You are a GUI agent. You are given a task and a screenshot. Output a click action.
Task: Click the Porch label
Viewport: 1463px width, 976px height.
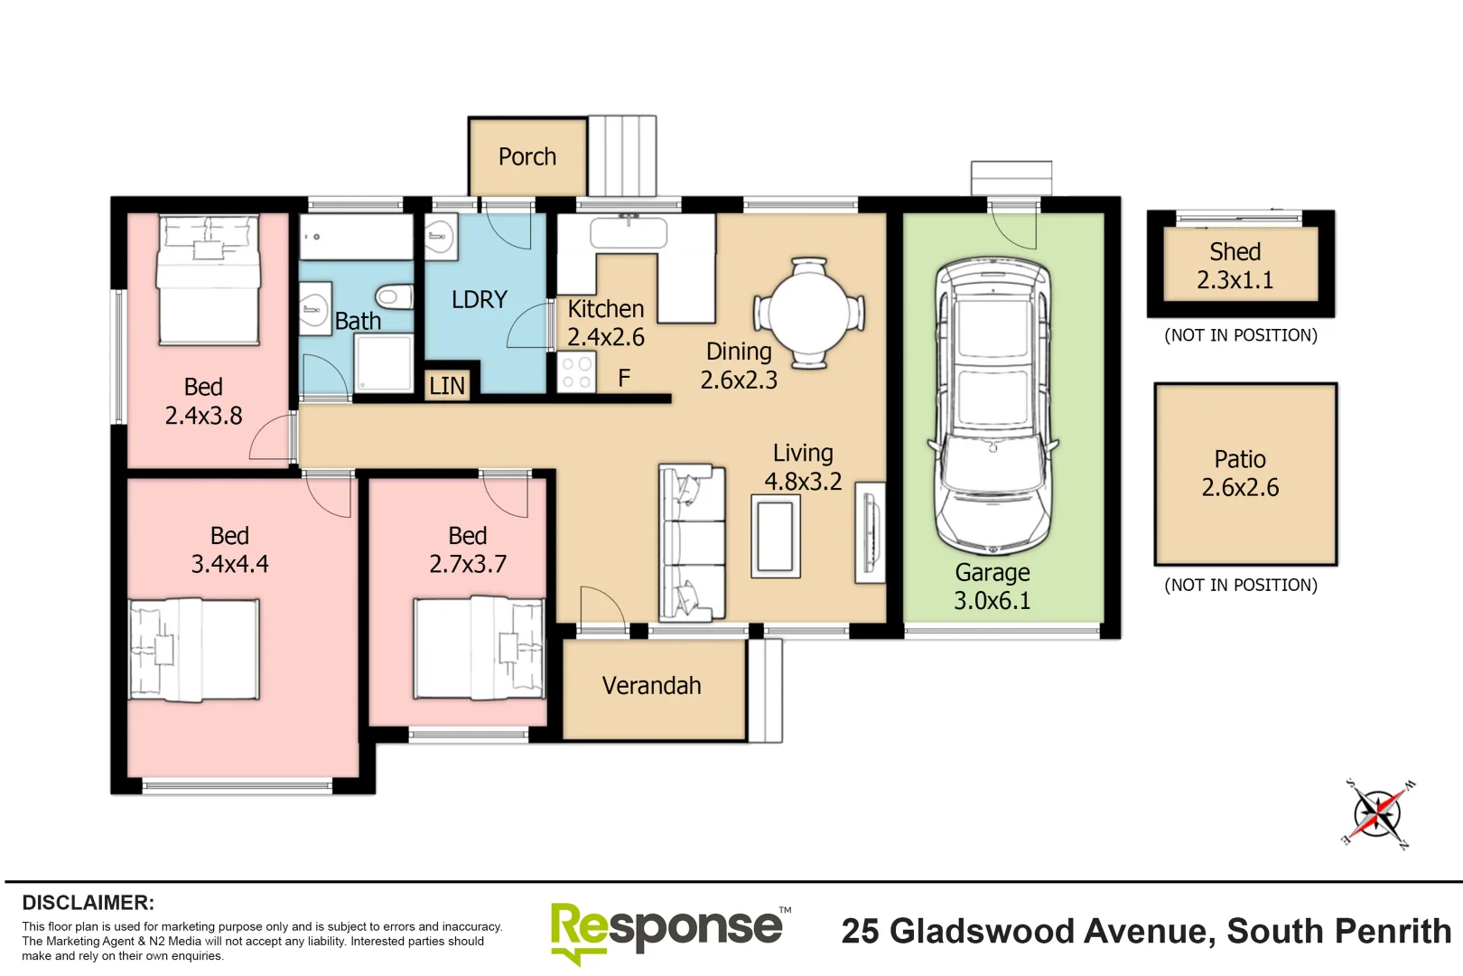(527, 157)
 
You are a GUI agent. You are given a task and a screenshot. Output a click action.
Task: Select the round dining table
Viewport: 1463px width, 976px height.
(809, 313)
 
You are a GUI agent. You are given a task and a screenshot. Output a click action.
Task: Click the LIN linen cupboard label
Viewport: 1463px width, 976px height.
(447, 386)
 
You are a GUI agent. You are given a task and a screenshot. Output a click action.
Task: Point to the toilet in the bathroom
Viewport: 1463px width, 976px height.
(395, 296)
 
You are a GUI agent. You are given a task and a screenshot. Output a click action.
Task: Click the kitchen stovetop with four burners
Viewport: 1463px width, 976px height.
(576, 373)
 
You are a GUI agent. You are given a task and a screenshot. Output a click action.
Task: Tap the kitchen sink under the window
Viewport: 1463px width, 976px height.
(629, 233)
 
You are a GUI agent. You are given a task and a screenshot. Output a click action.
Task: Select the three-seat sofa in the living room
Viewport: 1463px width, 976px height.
(692, 542)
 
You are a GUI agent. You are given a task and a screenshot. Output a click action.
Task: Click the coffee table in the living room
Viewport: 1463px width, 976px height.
(776, 536)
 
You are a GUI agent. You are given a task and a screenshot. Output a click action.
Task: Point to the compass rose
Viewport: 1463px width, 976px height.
(1377, 814)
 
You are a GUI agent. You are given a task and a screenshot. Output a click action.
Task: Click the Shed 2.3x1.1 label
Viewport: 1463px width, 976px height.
(1235, 266)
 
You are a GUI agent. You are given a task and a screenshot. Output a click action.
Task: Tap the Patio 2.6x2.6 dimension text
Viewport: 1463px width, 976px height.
(1240, 488)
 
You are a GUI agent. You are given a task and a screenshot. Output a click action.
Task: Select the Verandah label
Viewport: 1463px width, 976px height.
(651, 686)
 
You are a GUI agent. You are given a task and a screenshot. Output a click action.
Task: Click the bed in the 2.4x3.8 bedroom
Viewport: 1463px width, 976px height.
(209, 279)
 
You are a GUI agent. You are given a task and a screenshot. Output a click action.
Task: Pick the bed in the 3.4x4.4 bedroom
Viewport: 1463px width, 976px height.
(194, 649)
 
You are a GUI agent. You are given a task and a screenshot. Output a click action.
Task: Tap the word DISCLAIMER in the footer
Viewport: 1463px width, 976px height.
(89, 903)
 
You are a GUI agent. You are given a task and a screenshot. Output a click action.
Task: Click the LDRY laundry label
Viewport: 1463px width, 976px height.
(480, 300)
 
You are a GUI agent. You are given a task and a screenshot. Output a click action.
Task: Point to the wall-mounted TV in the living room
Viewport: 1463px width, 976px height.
(871, 533)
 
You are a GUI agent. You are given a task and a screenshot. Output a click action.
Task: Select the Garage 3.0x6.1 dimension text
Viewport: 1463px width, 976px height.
(992, 601)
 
